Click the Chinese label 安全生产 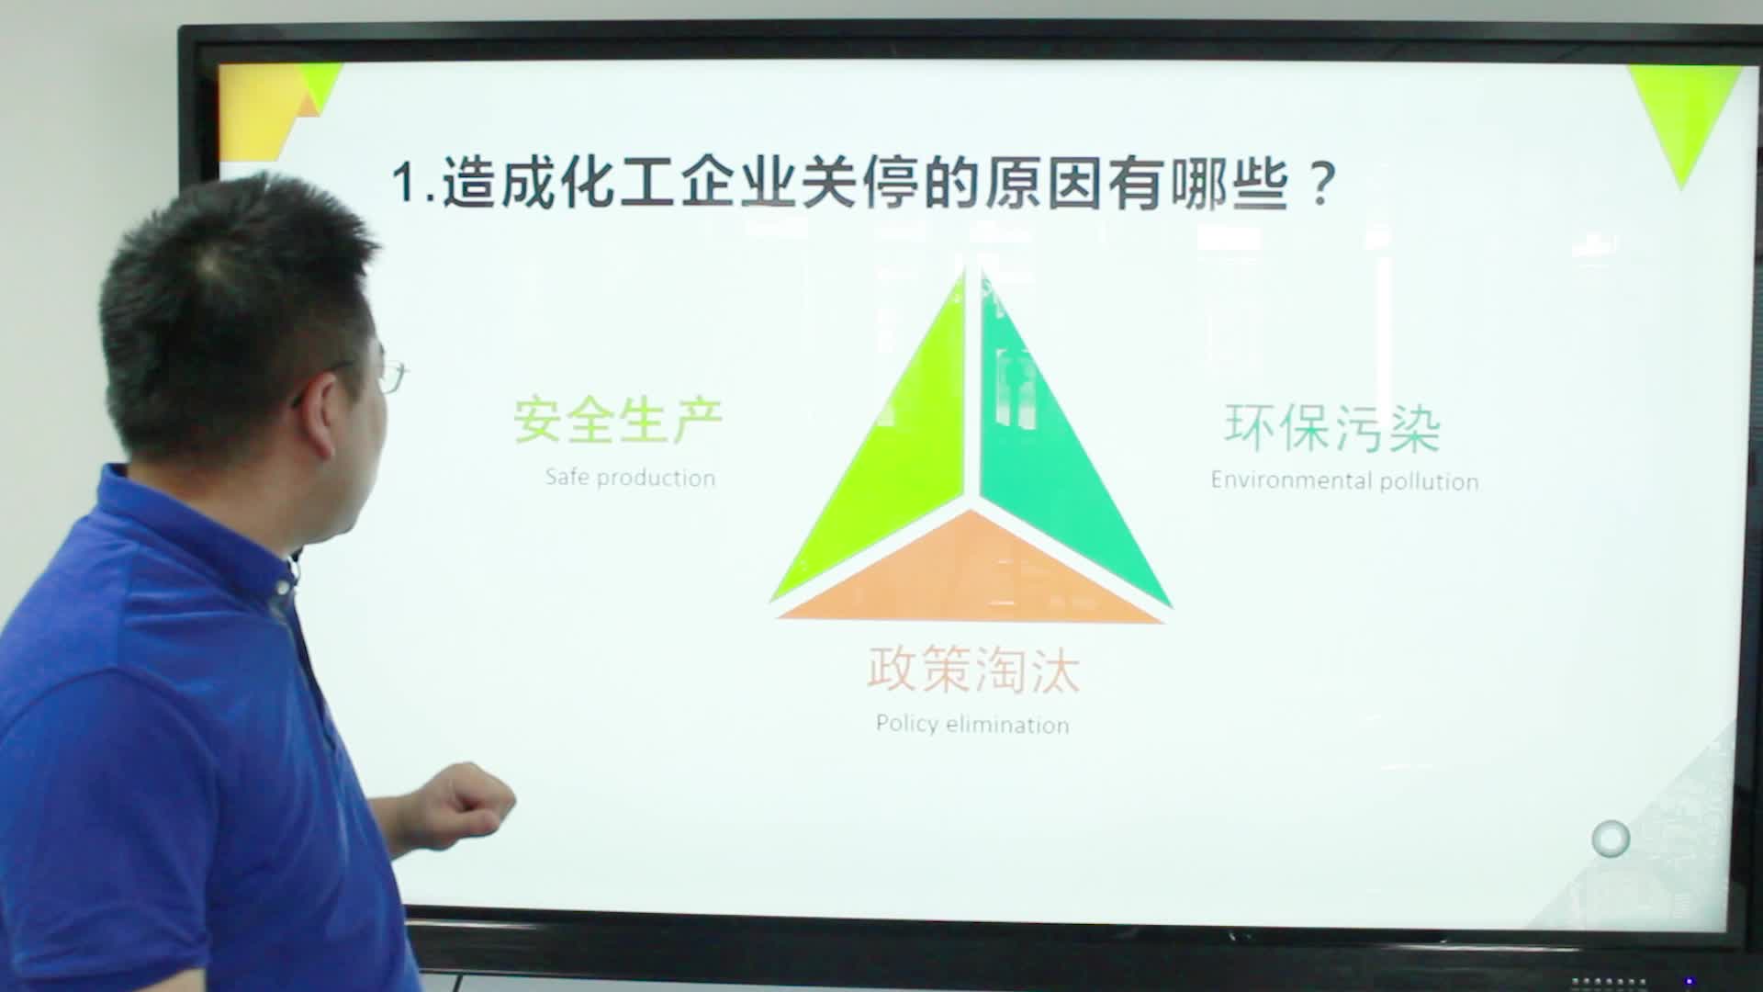tap(618, 421)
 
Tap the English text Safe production tap(630, 478)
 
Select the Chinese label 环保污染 tap(1332, 428)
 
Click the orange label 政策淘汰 tap(973, 670)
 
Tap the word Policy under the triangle tap(906, 725)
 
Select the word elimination tap(1007, 725)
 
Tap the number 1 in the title tap(403, 183)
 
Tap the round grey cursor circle tap(1611, 839)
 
